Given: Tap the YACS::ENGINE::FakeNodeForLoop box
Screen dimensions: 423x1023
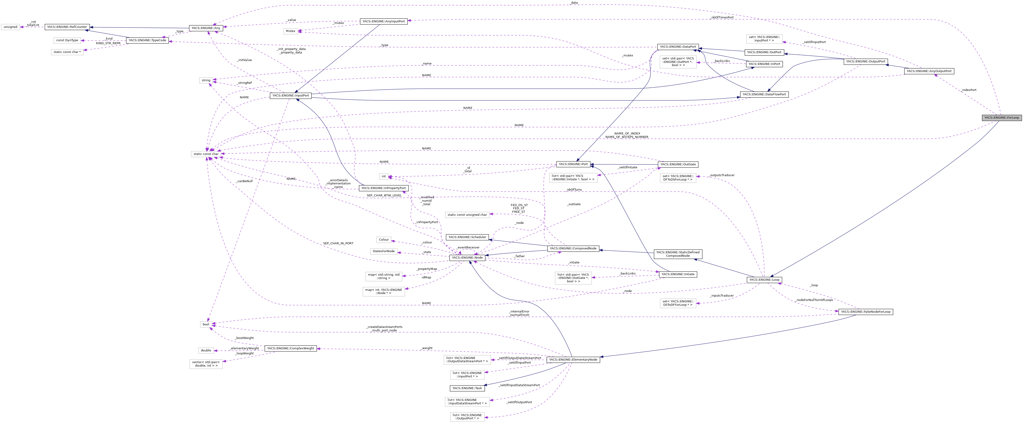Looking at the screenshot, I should tap(865, 312).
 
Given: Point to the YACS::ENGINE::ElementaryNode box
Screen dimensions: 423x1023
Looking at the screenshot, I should tap(573, 359).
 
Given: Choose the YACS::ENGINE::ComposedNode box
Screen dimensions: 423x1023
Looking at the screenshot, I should tap(573, 248).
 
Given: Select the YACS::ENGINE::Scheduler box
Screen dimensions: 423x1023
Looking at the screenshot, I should tap(467, 237).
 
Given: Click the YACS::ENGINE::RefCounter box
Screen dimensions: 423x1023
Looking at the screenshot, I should tap(67, 27).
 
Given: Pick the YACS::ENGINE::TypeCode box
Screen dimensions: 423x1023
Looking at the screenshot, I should tap(147, 41).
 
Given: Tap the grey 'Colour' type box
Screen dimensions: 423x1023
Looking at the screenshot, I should tap(384, 240).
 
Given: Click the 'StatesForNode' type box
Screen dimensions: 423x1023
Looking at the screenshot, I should tap(383, 251).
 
